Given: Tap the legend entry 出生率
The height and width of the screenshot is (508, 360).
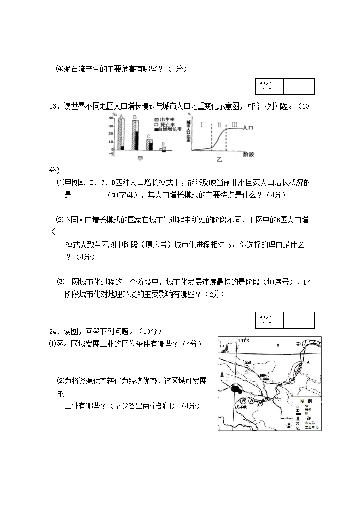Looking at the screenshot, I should [x=166, y=119].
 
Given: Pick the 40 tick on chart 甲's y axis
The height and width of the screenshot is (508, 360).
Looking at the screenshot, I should [x=111, y=118].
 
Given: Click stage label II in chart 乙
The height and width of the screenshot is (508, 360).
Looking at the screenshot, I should [x=219, y=125].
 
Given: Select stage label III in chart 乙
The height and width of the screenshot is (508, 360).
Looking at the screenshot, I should [x=235, y=125].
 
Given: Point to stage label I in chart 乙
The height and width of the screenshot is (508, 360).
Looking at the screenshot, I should [x=202, y=125].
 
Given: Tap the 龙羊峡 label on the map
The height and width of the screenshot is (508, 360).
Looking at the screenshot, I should [x=242, y=406].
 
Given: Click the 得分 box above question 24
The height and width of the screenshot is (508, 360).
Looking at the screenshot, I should [x=265, y=319].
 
